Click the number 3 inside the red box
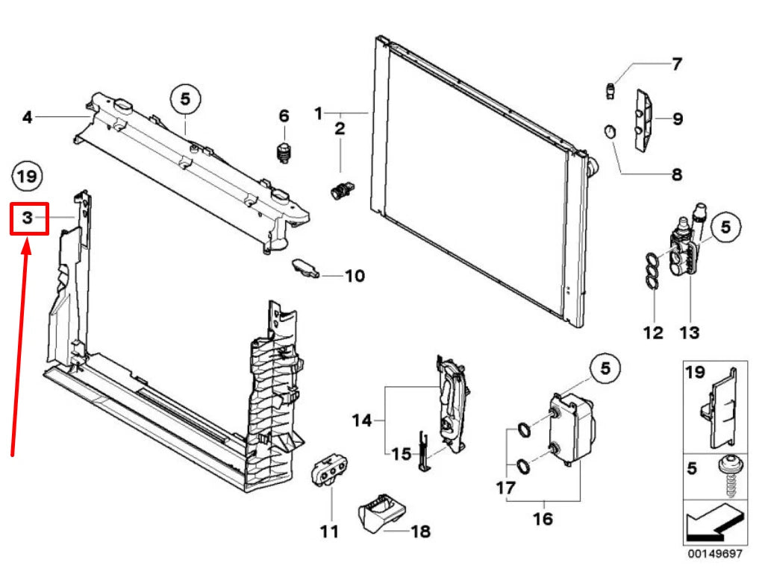tap(28, 218)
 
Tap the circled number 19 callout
tap(27, 175)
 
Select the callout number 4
tap(28, 117)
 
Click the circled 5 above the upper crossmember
tap(185, 99)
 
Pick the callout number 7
tap(676, 64)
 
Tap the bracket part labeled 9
tap(645, 120)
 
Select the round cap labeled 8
tap(610, 131)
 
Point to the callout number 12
tap(653, 333)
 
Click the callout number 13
tap(689, 333)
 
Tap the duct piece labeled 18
tap(383, 514)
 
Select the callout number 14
tap(363, 420)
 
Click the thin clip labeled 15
tap(423, 451)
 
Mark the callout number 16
tap(543, 518)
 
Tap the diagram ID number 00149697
tap(715, 554)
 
